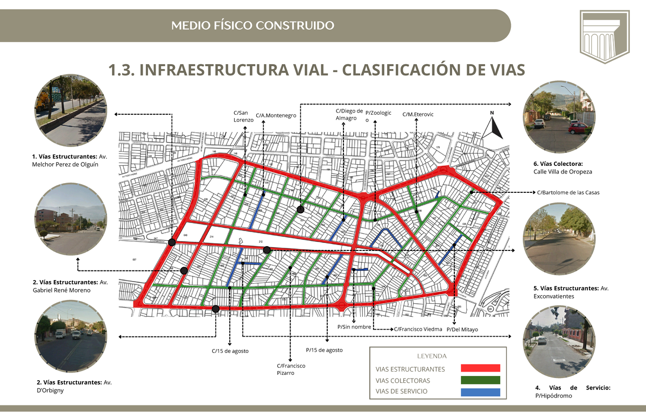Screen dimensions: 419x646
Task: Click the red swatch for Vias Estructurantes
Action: (480, 368)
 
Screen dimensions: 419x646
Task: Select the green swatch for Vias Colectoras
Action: (480, 380)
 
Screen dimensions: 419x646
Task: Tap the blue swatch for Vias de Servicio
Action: (480, 392)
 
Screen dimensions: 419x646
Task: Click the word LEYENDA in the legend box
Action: (432, 356)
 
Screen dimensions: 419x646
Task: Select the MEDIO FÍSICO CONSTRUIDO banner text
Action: (252, 25)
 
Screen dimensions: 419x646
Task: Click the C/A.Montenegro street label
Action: (276, 115)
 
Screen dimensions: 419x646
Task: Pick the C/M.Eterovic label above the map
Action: (418, 115)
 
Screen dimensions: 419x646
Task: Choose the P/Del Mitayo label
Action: (462, 329)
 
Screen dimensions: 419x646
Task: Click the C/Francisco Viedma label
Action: (418, 329)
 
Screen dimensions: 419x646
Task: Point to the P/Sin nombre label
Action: (354, 326)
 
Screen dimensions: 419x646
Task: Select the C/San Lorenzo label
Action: (241, 116)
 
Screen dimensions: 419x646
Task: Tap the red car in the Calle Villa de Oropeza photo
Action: (579, 128)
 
